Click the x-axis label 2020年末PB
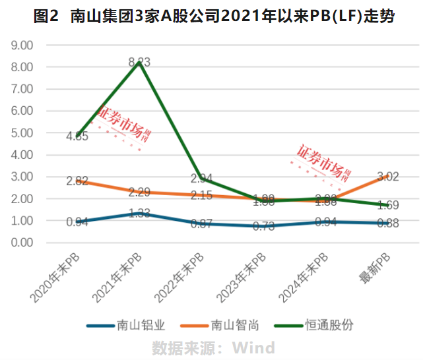click(57, 278)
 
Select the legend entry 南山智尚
click(234, 325)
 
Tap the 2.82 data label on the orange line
click(78, 181)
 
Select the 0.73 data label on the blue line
click(262, 226)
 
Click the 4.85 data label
click(78, 136)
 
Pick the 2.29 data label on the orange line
click(139, 193)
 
